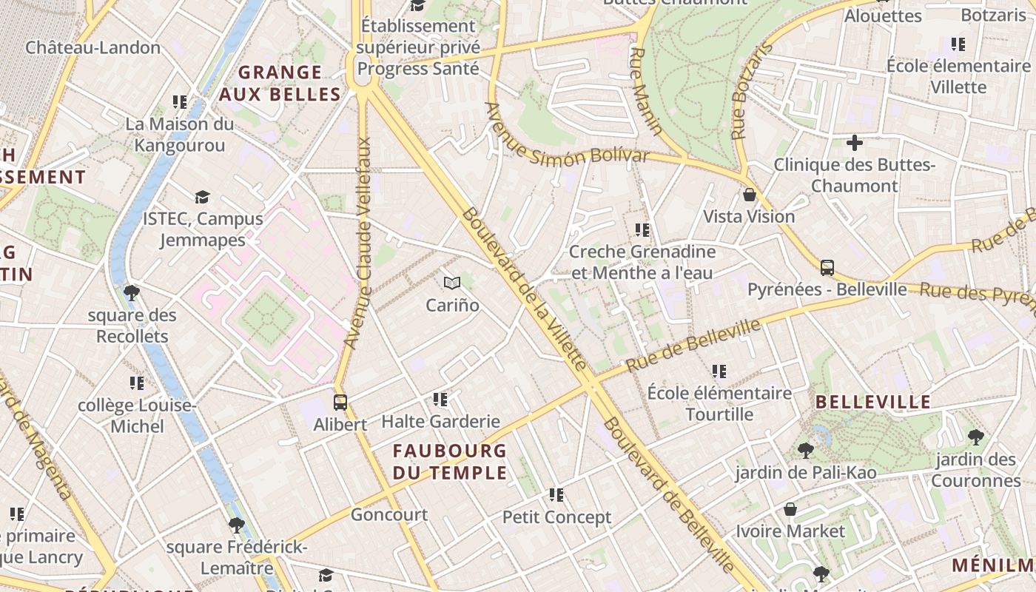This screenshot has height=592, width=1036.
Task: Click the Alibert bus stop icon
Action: click(340, 403)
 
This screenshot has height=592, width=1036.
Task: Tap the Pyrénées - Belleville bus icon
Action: click(827, 268)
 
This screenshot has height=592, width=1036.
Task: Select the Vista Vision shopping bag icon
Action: click(749, 195)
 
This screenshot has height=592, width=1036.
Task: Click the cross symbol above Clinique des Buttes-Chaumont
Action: click(855, 142)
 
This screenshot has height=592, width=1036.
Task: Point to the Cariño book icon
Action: click(452, 283)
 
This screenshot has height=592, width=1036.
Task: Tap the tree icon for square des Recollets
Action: click(132, 293)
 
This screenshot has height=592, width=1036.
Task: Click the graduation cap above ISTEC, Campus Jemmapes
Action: click(202, 197)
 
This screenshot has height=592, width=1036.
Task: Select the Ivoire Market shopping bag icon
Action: click(790, 509)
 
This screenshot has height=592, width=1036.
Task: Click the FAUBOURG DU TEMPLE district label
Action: click(450, 462)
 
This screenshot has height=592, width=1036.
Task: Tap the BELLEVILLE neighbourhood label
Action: click(873, 403)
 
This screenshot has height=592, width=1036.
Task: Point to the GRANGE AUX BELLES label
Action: click(280, 83)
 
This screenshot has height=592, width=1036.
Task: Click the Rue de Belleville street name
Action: click(693, 345)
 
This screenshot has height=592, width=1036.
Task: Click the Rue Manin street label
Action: click(646, 92)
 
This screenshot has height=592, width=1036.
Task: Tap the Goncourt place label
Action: click(389, 515)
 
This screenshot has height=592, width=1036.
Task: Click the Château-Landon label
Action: click(93, 47)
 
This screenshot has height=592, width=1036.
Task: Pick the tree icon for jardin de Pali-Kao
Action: click(806, 450)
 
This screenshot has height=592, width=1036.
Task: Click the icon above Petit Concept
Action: click(556, 494)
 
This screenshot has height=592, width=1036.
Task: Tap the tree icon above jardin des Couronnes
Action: click(975, 437)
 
